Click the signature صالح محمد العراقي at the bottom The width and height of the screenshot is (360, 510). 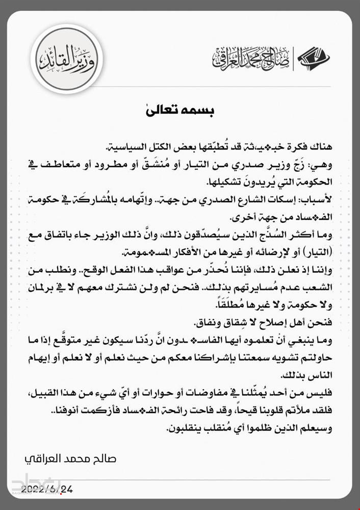pos(71,458)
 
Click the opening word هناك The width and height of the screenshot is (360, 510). pos(321,147)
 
